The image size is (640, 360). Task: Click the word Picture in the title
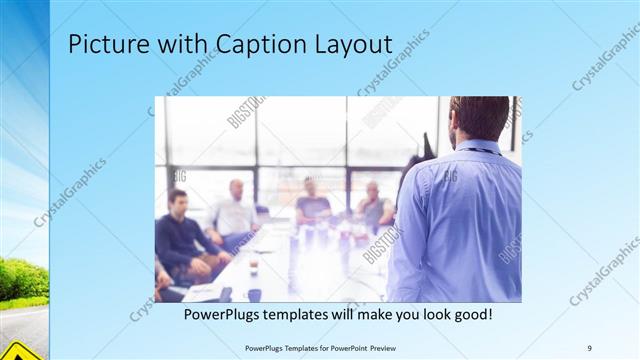(101, 45)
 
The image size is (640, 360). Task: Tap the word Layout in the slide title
(350, 45)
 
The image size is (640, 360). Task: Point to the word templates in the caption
(306, 315)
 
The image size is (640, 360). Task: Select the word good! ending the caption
(469, 315)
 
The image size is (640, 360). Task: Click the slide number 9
(590, 348)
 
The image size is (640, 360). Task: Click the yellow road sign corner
(20, 349)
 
